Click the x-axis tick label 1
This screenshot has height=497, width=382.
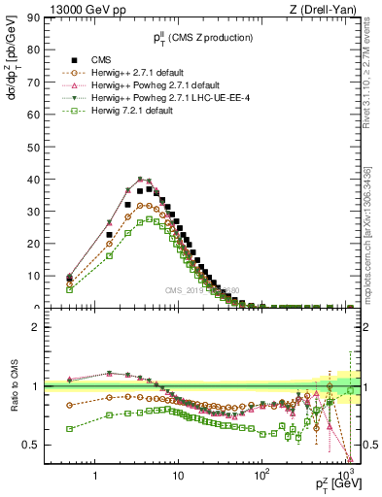(95, 478)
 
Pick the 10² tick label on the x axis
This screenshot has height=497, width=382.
(261, 476)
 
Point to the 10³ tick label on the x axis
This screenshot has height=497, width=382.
(345, 476)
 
